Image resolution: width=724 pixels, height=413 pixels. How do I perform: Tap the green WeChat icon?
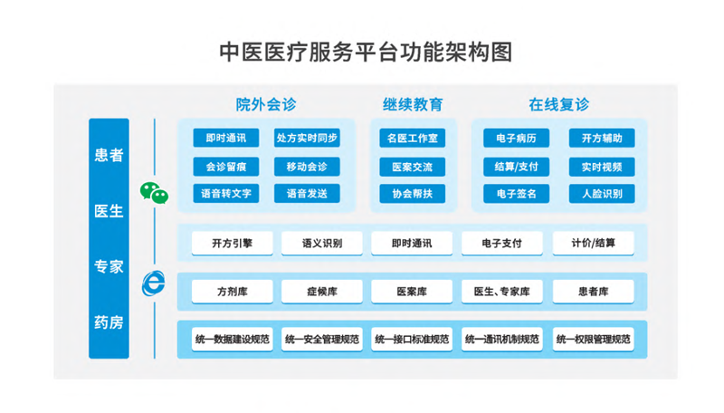[154, 192]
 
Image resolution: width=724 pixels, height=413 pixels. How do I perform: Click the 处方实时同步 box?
[307, 139]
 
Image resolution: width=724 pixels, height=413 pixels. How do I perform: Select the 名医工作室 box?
[413, 139]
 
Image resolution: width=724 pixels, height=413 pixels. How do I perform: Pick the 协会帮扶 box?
[413, 194]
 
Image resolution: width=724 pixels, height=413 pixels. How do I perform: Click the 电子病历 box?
[517, 139]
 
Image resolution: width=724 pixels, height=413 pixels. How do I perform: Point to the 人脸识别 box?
[602, 194]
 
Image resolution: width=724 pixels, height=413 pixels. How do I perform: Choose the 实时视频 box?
[602, 167]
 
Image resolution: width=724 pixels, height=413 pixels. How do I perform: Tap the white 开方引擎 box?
[233, 244]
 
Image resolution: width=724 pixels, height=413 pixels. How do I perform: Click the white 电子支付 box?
[502, 244]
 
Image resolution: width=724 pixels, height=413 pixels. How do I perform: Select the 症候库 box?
[322, 292]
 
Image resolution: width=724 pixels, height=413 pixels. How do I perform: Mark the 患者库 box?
[593, 292]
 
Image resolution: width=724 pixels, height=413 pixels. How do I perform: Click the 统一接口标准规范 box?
[412, 340]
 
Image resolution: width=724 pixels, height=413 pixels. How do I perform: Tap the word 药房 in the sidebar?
[109, 322]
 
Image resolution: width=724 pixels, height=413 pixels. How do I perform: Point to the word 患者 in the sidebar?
[109, 155]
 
